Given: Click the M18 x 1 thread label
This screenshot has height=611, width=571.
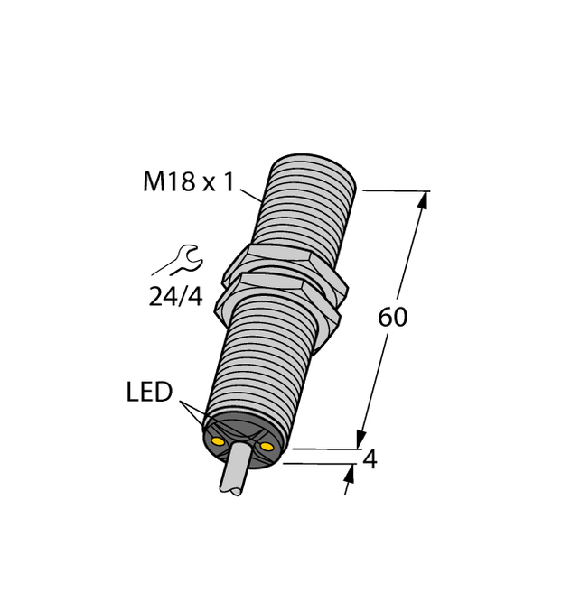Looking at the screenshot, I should (x=188, y=182).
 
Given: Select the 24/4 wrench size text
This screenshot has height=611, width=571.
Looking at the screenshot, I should (x=175, y=296).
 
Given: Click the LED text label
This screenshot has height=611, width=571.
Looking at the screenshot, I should (x=149, y=393).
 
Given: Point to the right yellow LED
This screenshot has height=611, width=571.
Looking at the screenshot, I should (x=266, y=447).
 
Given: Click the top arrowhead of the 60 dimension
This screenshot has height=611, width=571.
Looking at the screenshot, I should (x=421, y=202).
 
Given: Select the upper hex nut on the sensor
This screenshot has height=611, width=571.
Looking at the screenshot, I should (x=287, y=265).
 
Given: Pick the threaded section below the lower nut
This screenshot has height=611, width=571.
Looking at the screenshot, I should (x=262, y=361).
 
